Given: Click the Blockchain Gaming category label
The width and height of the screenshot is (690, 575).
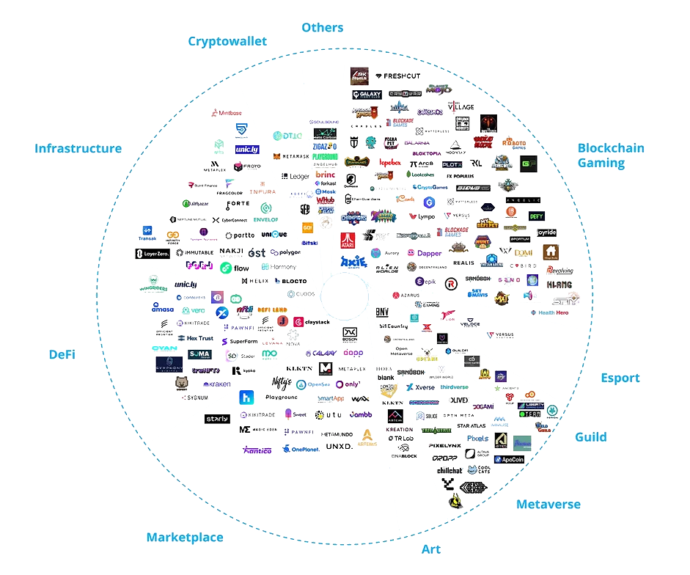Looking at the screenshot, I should click(x=610, y=155).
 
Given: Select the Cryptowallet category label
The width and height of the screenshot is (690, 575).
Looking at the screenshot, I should click(x=227, y=41).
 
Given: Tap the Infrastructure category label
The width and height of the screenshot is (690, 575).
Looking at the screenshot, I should click(x=78, y=148).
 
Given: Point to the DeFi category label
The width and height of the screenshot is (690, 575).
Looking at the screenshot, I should click(x=62, y=354).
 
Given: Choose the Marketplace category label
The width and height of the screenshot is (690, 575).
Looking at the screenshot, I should click(x=184, y=537).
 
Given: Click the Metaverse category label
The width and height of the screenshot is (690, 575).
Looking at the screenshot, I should click(x=548, y=504).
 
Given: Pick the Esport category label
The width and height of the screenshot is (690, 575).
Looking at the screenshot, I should click(x=620, y=378).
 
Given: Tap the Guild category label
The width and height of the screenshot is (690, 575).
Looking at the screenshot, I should click(x=590, y=436).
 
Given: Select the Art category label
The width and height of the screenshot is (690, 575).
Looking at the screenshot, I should click(x=431, y=549).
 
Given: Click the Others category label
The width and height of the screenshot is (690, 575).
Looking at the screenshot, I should click(x=322, y=28).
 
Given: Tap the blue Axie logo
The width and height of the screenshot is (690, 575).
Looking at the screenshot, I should click(x=352, y=260).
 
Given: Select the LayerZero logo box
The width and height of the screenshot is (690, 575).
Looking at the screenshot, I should click(x=152, y=254).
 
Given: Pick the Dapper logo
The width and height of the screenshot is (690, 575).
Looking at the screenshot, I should click(x=425, y=253).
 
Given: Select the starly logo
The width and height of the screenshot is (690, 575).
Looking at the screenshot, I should click(x=216, y=418).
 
